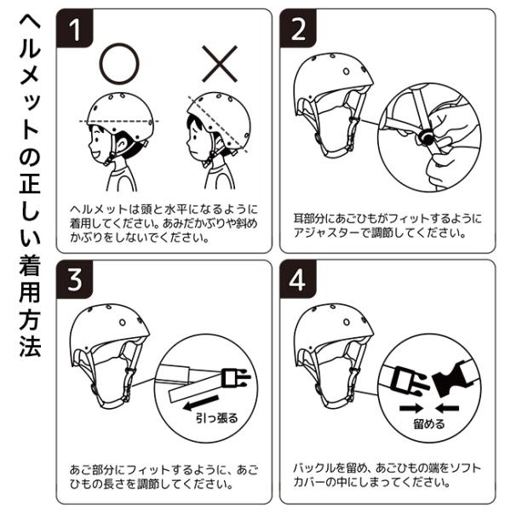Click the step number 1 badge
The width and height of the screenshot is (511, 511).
coord(75,29)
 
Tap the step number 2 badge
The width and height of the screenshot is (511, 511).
coord(298,29)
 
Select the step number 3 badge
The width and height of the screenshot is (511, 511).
coord(75,279)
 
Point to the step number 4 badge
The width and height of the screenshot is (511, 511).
coord(298,279)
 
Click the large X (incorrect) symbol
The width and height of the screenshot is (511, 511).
coord(220,64)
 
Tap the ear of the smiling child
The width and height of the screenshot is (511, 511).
coord(122,144)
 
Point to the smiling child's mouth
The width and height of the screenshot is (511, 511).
coord(95,152)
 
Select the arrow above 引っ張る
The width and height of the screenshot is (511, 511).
coord(201,402)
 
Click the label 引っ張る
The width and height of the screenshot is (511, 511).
coord(216,418)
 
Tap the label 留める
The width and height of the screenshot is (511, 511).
coord(429,424)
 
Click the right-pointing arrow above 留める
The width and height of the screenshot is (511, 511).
coord(411,408)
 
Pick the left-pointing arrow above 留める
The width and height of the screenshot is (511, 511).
coord(447,408)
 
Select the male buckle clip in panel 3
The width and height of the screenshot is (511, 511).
coord(235,378)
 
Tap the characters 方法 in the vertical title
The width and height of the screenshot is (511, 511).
coord(30,333)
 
